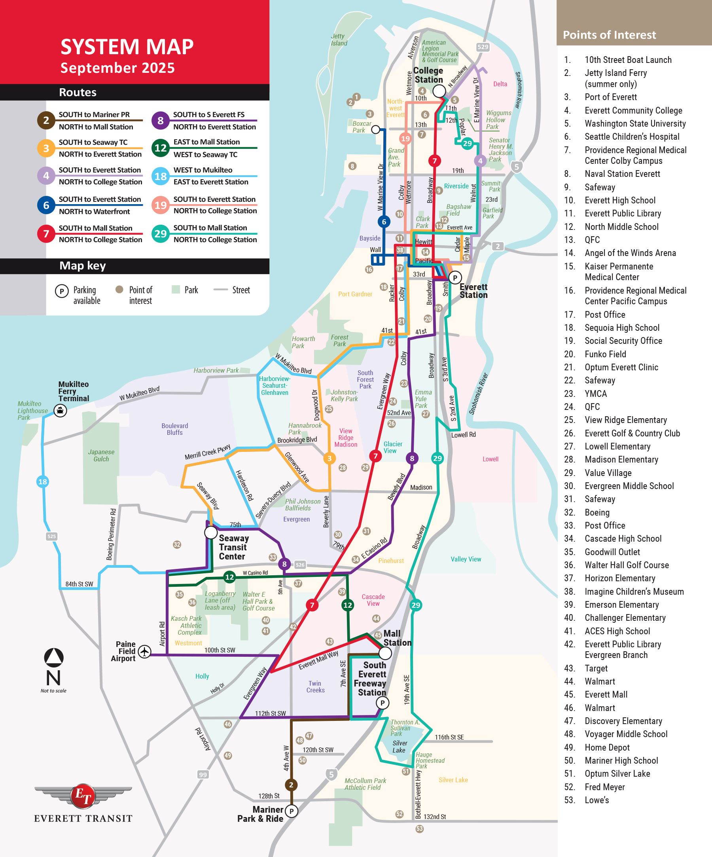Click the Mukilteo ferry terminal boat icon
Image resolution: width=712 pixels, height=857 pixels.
tap(61, 410)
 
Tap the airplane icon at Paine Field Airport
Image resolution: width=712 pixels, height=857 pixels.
tap(144, 651)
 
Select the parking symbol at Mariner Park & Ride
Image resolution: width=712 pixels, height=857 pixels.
tap(292, 811)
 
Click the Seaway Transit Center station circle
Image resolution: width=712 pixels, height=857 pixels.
tap(210, 533)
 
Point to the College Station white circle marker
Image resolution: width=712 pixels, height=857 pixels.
tap(439, 91)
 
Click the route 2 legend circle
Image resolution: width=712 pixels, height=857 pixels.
tap(46, 120)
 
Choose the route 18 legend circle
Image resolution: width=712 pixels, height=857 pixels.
tap(160, 176)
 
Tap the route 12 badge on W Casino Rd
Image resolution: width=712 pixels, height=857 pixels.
tap(230, 576)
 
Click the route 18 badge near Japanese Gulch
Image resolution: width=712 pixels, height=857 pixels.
tap(42, 482)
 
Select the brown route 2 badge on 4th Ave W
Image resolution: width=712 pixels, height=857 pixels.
tap(291, 785)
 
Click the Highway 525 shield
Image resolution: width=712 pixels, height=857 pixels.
tap(51, 536)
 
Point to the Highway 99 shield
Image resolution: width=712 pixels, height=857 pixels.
tap(203, 774)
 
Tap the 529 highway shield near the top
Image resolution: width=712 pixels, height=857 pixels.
tap(483, 47)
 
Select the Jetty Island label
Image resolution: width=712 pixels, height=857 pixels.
tap(339, 40)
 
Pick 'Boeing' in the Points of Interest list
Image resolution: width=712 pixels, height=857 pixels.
tap(597, 512)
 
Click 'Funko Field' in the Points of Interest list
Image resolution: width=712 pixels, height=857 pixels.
tap(605, 354)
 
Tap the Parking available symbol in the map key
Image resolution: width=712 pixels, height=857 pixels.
tap(62, 291)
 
